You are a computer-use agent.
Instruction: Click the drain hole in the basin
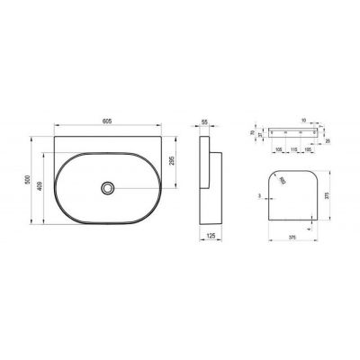(108, 187)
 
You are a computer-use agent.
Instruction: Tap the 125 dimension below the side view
(209, 236)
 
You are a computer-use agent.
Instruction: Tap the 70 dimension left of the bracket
(252, 130)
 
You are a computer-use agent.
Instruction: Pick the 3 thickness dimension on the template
(260, 193)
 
